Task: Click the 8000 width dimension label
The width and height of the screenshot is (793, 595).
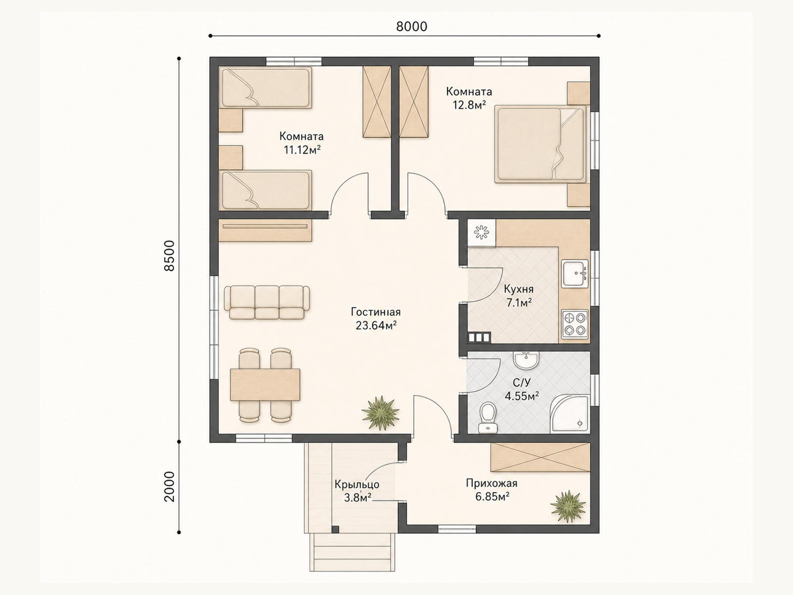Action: pos(411,26)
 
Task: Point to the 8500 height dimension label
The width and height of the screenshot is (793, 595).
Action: pos(169,256)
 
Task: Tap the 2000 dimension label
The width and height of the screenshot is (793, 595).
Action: pos(169,486)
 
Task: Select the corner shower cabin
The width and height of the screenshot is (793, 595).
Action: pos(570,414)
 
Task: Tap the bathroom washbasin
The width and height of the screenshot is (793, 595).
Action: pos(526,360)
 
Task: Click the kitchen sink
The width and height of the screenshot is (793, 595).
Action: pos(575,274)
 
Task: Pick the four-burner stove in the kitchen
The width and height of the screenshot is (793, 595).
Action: pos(575,324)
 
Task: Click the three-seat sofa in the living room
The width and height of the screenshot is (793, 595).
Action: pos(267,302)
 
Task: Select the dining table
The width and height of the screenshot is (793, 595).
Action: pos(265,384)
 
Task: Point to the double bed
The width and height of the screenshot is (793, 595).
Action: pos(540,144)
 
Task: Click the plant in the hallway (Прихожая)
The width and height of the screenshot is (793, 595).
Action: pos(568,506)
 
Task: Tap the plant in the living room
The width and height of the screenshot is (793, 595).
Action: pos(380,413)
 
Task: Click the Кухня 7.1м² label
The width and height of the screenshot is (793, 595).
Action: pos(519,296)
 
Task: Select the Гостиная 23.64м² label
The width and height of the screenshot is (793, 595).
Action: pos(376,319)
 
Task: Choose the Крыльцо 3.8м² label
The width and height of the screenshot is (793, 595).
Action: pos(357,491)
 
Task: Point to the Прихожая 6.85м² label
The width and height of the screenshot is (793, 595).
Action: pos(492,490)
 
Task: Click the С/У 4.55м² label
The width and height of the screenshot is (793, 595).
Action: pos(522,389)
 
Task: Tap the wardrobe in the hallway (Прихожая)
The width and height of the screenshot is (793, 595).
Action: pos(540,457)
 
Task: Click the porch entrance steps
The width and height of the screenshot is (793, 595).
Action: pos(352,552)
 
